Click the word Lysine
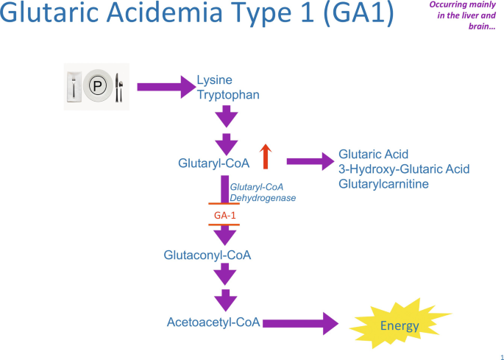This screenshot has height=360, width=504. point(214,80)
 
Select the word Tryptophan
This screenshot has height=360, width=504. point(227,95)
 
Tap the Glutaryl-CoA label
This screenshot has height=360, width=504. point(213,162)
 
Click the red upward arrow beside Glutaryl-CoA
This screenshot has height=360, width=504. point(266,157)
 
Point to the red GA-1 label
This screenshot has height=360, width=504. point(224,214)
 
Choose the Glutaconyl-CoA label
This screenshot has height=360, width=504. point(207,255)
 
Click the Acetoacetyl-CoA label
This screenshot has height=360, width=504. point(213,322)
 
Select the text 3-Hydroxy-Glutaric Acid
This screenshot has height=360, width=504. point(404,169)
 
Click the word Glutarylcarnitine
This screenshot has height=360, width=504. point(383,184)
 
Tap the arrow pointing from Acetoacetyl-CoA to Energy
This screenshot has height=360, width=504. point(299,322)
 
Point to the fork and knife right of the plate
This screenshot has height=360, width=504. point(119,88)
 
